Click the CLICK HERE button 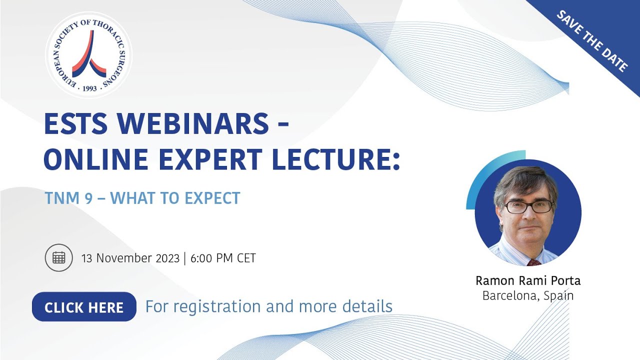[x=84, y=306]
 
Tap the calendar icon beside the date [x=59, y=257]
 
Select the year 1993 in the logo [x=89, y=88]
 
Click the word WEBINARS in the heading [x=192, y=123]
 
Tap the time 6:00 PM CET [x=223, y=258]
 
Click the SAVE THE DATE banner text [x=592, y=40]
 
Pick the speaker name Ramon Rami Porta [x=528, y=280]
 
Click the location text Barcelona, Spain [x=528, y=295]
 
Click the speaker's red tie [x=533, y=262]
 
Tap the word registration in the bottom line [x=217, y=306]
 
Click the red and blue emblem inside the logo [x=89, y=54]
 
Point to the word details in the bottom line [x=367, y=306]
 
